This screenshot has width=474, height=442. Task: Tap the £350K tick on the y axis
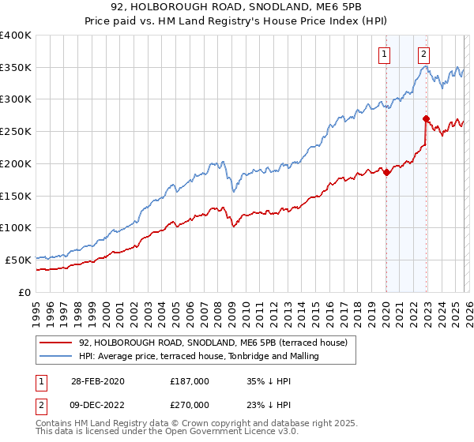click(x=16, y=68)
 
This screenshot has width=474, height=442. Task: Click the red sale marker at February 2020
click(x=386, y=173)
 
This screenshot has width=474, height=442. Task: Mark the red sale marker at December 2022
click(x=426, y=119)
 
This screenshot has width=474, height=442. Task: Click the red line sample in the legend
click(x=55, y=343)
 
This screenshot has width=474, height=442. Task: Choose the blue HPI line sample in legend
click(x=55, y=356)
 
